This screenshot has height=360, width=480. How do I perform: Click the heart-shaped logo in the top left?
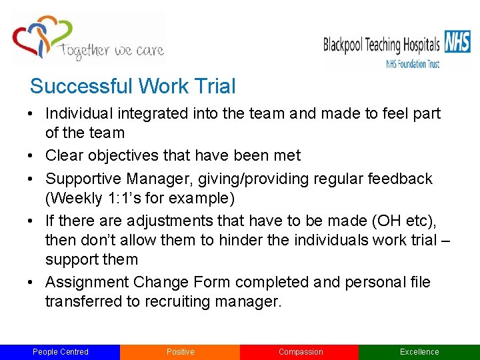[x=41, y=37]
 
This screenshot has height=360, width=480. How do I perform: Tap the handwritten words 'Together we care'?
[x=111, y=51]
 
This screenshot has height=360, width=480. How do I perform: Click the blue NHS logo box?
[x=457, y=43]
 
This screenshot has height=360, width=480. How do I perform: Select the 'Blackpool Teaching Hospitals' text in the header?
[x=381, y=45]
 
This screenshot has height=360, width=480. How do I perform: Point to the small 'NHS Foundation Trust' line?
[x=413, y=64]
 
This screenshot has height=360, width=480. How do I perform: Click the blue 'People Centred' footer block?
[x=60, y=352]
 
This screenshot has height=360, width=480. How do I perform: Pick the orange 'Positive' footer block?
[x=180, y=352]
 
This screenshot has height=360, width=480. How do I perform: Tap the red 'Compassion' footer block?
[x=300, y=352]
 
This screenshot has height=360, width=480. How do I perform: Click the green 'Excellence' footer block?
[x=419, y=352]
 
